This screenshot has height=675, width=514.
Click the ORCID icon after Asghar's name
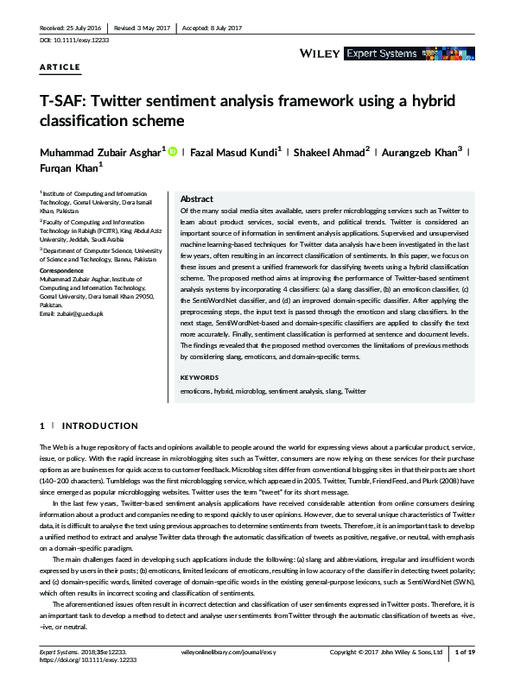tap(171, 152)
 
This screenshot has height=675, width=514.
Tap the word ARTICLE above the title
tap(60, 66)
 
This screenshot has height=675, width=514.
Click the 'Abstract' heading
tap(196, 199)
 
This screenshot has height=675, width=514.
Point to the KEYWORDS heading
tap(199, 377)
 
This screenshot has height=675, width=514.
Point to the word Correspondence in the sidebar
tap(62, 270)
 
